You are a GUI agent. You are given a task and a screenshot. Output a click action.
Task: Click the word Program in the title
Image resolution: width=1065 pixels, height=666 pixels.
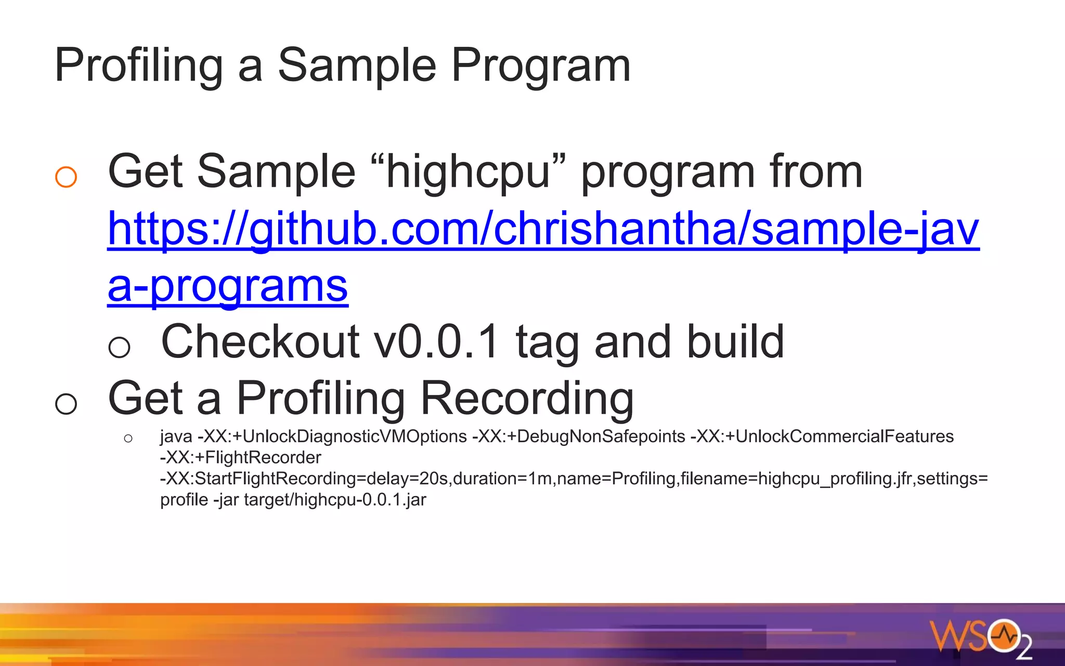(x=541, y=66)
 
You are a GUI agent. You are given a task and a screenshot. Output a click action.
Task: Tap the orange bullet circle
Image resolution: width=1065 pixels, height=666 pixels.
(x=66, y=177)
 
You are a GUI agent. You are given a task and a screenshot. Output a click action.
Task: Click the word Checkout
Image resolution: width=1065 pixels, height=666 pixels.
(x=260, y=342)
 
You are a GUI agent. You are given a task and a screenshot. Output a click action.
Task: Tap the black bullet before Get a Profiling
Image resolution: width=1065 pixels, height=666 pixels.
(x=66, y=404)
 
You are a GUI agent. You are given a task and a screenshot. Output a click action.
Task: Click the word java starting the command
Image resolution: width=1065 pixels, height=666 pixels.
(x=176, y=437)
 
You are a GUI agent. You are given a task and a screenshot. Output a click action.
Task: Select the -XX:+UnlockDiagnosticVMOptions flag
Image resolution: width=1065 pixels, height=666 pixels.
(x=332, y=437)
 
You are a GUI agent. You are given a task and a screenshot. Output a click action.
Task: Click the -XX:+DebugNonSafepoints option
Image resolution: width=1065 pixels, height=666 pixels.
(x=578, y=437)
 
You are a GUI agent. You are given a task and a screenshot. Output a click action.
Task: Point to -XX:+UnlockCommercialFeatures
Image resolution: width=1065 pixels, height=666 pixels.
(x=822, y=437)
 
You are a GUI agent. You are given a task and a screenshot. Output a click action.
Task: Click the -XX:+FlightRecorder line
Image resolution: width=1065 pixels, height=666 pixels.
(x=240, y=458)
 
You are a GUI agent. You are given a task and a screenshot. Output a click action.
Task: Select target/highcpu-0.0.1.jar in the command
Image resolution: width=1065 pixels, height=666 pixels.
(x=335, y=500)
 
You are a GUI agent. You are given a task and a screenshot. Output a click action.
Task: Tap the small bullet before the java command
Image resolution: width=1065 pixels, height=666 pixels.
(x=128, y=439)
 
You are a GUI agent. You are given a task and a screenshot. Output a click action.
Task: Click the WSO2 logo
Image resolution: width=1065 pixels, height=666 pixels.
(x=980, y=637)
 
